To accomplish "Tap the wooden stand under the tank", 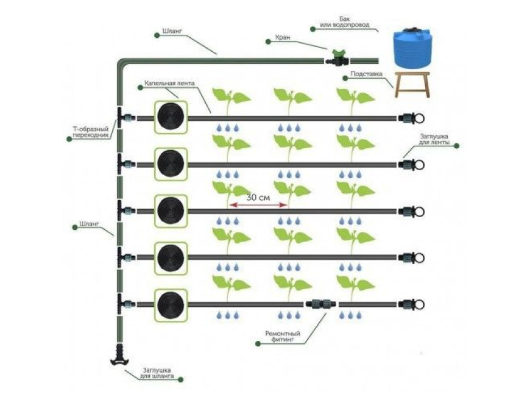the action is tap(412, 85).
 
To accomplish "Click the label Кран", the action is tap(283, 37).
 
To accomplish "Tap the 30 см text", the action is tap(258, 197).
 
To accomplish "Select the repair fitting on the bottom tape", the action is tap(322, 303).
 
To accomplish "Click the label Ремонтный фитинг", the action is tap(283, 336).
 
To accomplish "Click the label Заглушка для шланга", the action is tap(157, 373).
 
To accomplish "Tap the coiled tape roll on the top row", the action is tap(171, 117).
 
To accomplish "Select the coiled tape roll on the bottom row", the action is tap(171, 304).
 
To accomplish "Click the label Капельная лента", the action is tap(169, 83).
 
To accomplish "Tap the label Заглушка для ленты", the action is tap(434, 139).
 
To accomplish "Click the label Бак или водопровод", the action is tap(344, 22).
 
